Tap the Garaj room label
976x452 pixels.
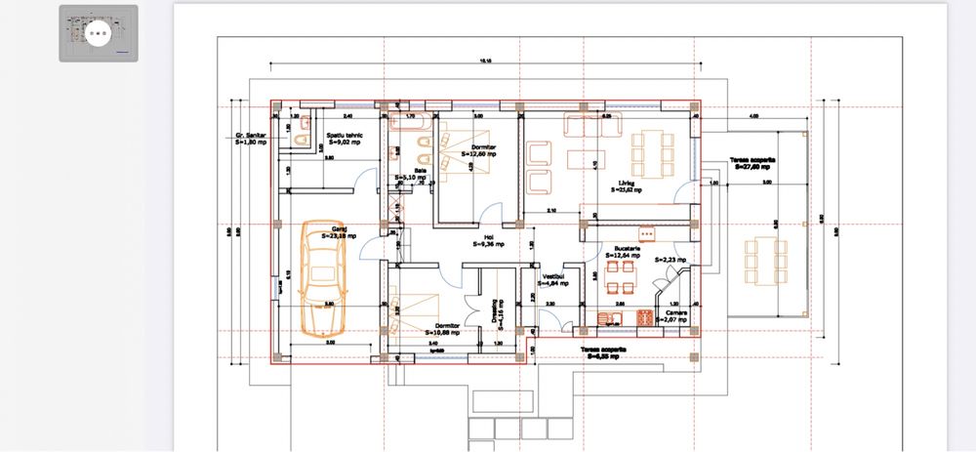point(339,232)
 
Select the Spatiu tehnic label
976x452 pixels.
point(346,137)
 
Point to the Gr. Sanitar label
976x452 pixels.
point(251,138)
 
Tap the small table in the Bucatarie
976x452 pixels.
point(620,276)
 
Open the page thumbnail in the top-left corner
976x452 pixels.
point(98,33)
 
